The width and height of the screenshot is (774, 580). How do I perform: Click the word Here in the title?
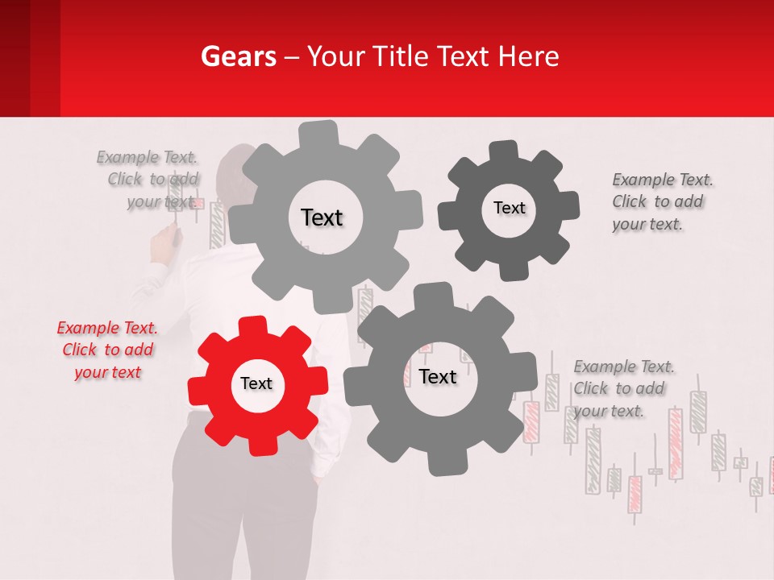click(528, 56)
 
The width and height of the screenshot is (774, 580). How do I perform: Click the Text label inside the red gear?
click(256, 384)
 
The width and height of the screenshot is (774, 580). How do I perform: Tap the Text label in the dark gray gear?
click(509, 208)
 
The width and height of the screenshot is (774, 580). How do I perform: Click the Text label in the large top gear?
click(322, 217)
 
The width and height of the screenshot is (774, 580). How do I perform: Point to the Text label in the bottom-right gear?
click(438, 377)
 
